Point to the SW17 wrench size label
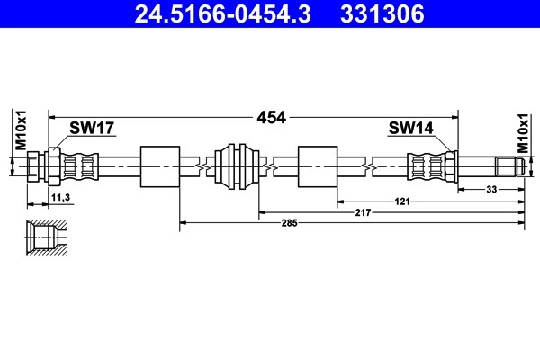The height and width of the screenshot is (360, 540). coord(92,130)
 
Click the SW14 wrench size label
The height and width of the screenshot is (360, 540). coord(410,130)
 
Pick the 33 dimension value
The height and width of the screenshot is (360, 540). coord(491,190)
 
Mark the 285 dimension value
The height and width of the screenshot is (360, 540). coord(287,221)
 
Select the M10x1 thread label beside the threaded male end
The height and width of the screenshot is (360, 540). coord(524,131)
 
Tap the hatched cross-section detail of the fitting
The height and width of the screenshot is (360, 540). coord(42,238)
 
